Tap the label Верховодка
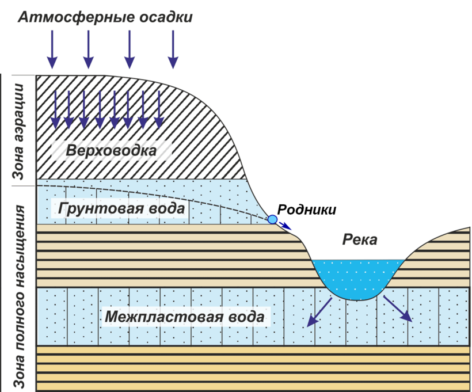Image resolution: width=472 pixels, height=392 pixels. tap(111, 151)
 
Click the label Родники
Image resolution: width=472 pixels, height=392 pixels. tap(306, 210)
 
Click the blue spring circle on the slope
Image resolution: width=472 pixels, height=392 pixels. tap(272, 219)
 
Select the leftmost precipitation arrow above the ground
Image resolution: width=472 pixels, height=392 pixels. tap(52, 49)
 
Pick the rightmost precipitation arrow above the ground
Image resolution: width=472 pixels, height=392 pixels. tap(173, 49)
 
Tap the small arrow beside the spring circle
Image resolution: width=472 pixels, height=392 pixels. tap(285, 226)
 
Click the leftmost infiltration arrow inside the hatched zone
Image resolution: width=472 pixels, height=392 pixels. tap(55, 109)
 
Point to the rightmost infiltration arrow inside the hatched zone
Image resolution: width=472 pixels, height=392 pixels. tap(158, 109)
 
